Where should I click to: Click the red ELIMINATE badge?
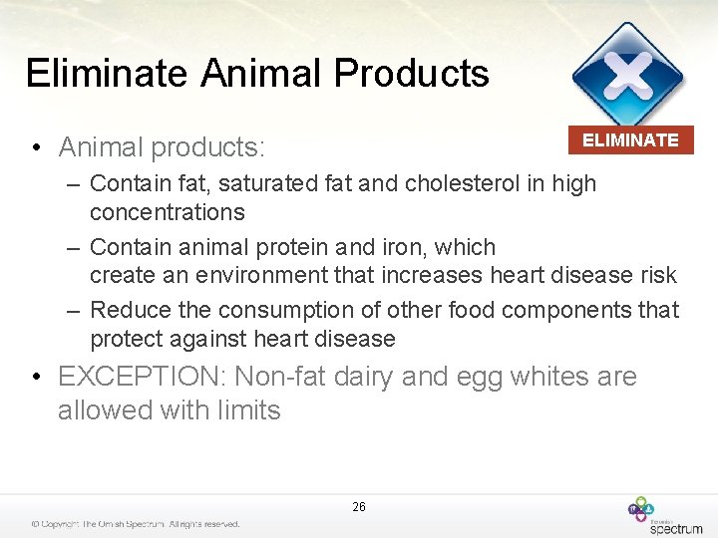point(630,140)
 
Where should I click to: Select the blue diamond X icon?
point(627,75)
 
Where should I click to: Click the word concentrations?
point(167,212)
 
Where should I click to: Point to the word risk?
point(657,275)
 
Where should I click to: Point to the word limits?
point(245,409)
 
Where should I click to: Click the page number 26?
point(359,507)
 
